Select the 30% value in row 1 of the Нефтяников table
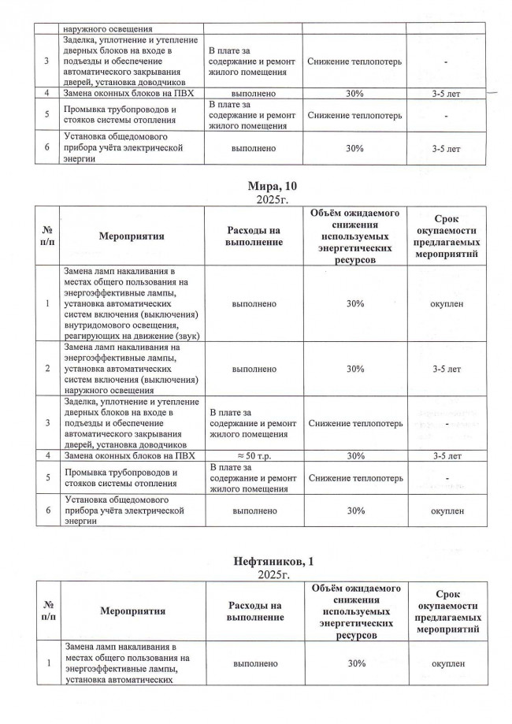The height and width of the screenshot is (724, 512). tap(354, 664)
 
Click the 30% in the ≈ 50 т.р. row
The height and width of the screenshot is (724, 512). tap(354, 455)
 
